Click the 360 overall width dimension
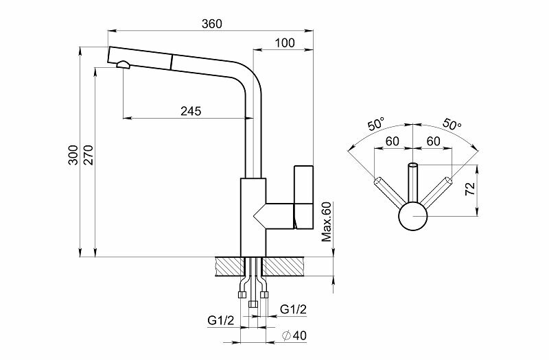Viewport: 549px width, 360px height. point(212,23)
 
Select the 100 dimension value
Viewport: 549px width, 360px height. point(284,43)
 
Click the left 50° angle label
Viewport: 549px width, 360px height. point(376,125)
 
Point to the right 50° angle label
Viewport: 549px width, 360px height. point(452,125)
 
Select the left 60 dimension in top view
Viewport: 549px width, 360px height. point(393,141)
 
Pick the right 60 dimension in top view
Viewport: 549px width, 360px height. point(434,141)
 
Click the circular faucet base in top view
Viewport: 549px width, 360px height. point(413,217)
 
